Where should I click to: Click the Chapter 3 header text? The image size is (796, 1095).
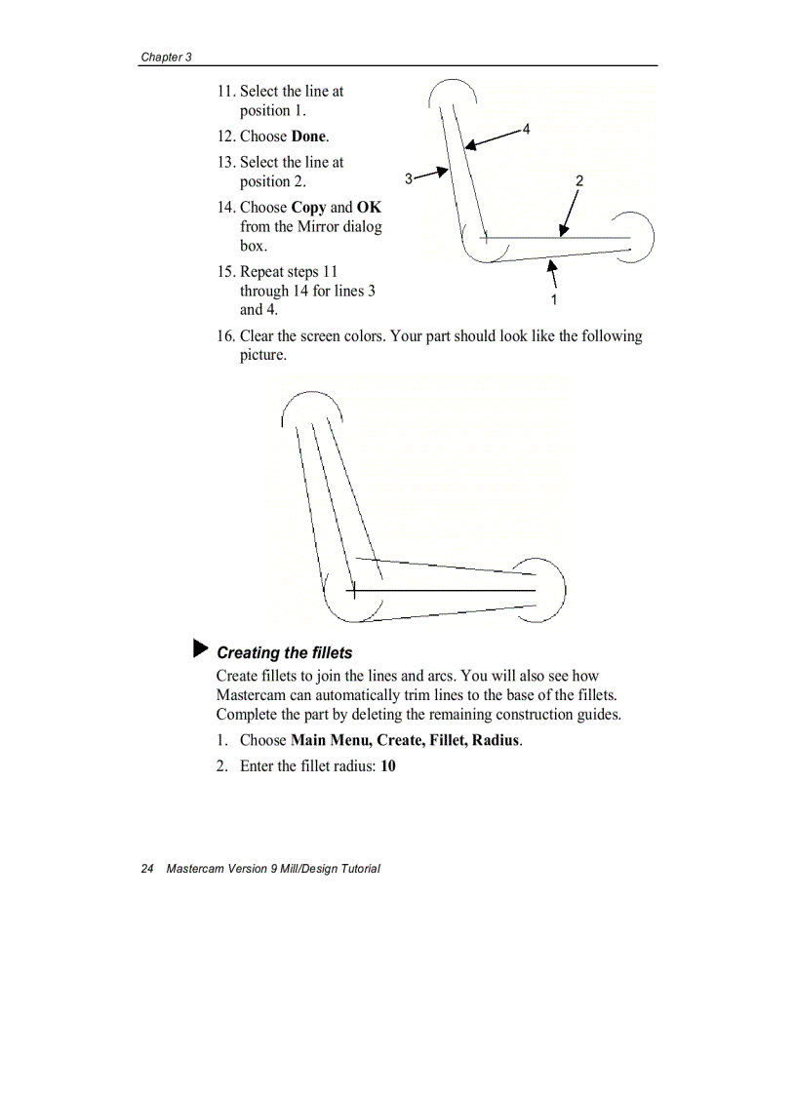point(166,57)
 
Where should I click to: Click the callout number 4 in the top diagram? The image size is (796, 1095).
point(526,129)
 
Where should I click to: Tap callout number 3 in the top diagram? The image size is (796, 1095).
point(409,178)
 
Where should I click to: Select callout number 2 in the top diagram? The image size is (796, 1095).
point(579,180)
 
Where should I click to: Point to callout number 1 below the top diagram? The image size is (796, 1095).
point(554,298)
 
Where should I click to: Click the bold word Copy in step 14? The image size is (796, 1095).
point(308,208)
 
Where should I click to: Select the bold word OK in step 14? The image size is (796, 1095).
point(369,208)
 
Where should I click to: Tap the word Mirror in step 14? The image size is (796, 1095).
point(319,226)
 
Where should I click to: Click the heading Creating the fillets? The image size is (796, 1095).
point(284,652)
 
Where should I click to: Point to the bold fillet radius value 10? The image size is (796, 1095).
point(388,766)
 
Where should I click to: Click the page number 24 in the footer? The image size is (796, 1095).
point(147,869)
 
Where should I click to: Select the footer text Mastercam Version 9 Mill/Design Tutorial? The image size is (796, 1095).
point(273,869)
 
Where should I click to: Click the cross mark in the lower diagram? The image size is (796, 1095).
point(352,590)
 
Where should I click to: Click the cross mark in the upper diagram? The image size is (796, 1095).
point(485,237)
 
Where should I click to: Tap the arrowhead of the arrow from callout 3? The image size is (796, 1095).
point(444,173)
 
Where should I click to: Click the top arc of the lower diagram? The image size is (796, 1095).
point(311,397)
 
